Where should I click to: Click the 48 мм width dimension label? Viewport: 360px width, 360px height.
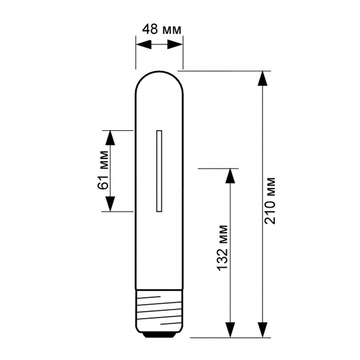tap(161, 29)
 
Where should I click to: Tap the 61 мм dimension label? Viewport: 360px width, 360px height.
tap(103, 170)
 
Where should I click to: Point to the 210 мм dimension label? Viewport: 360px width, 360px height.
tap(270, 201)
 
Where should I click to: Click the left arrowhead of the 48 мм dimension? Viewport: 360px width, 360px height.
tap(144, 44)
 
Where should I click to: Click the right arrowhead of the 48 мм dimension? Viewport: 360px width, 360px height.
tap(175, 44)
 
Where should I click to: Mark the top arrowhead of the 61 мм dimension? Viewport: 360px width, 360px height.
tap(110, 138)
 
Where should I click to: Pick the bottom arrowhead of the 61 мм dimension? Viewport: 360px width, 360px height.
tap(110, 204)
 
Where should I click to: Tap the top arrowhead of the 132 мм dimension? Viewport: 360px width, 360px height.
tap(230, 176)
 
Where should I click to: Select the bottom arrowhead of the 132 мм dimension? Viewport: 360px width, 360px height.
tap(230, 330)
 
